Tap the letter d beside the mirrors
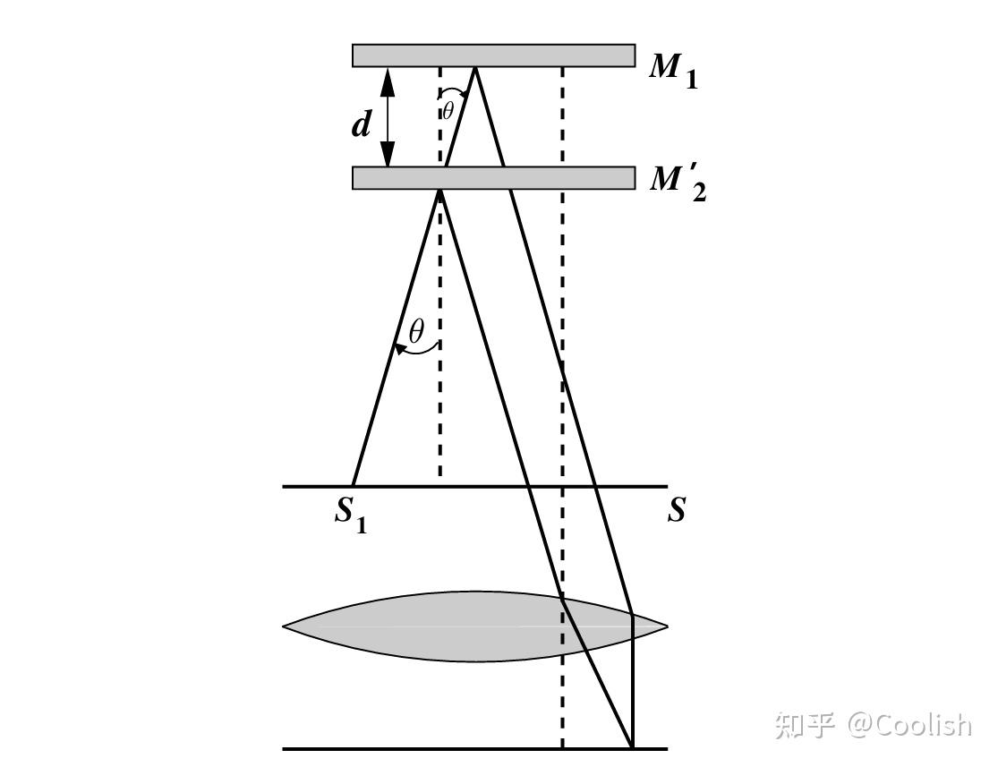coord(361,124)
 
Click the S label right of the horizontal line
coord(677,510)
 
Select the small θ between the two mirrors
coord(448,111)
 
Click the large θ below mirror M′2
coord(416,332)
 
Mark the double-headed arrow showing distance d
coord(388,117)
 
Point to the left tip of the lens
coord(286,626)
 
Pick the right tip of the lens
coord(666,626)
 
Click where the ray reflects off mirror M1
coord(474,68)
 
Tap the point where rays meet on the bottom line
coord(633,747)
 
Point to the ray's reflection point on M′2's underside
coord(439,190)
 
